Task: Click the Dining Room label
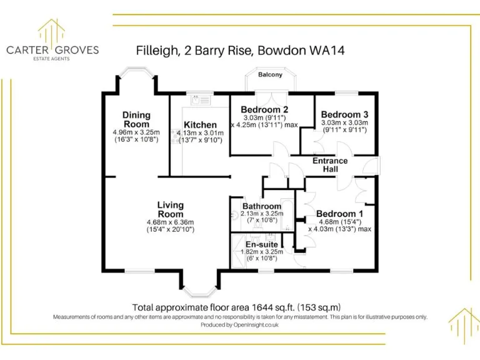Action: (x=136, y=119)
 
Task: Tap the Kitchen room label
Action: (x=200, y=125)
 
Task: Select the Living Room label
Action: (x=170, y=209)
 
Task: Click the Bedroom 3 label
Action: (x=345, y=114)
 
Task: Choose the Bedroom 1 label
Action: (x=340, y=213)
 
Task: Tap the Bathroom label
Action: (x=262, y=206)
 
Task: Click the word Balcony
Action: (x=270, y=75)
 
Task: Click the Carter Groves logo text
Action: (x=52, y=50)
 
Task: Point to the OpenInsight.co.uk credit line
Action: (x=240, y=325)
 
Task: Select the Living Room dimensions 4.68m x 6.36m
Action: (x=170, y=222)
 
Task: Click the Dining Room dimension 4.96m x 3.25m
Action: (x=136, y=132)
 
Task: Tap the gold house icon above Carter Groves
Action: (x=52, y=29)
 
